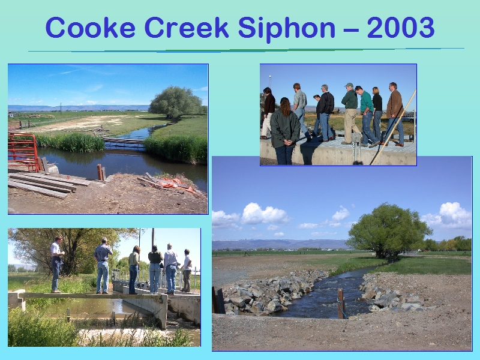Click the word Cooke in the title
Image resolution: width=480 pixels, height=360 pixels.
pyautogui.click(x=91, y=28)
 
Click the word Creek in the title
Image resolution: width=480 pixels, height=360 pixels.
pyautogui.click(x=187, y=28)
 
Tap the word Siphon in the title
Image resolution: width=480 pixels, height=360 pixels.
pyautogui.click(x=287, y=28)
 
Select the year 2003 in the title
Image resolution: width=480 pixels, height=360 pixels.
pyautogui.click(x=401, y=28)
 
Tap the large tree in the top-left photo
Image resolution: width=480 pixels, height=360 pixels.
pyautogui.click(x=175, y=103)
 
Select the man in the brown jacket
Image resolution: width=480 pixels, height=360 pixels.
pyautogui.click(x=394, y=113)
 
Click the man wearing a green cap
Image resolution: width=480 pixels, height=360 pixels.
pyautogui.click(x=350, y=113)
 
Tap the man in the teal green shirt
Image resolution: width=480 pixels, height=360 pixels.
pyautogui.click(x=367, y=115)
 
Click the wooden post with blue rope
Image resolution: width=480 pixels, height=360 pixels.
pyautogui.click(x=341, y=303)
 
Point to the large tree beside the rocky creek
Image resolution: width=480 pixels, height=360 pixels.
pyautogui.click(x=388, y=230)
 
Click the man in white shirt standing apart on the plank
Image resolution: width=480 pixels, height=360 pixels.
pyautogui.click(x=56, y=264)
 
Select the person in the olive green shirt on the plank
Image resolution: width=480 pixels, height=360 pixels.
pyautogui.click(x=134, y=269)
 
